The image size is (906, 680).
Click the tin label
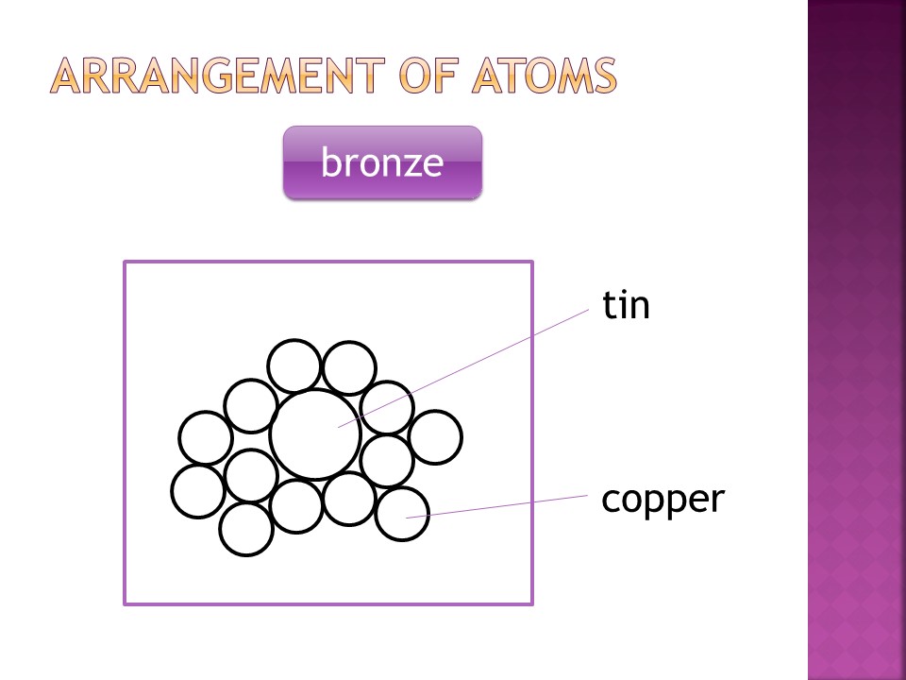627,306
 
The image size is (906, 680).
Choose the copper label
663,500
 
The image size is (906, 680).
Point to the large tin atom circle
315,434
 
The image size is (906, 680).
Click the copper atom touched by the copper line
402,514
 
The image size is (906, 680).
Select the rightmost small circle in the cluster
435,437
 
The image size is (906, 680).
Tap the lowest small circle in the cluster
246,529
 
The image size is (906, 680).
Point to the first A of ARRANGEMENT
68,76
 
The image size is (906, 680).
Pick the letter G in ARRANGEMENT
218,76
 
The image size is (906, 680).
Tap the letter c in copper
611,500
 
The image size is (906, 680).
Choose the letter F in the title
433,76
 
